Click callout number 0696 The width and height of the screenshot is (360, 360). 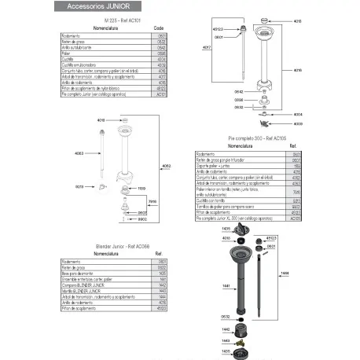(x=238, y=100)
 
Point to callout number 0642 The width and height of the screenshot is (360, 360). (x=238, y=92)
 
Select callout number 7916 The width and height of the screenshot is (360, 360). (x=152, y=201)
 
